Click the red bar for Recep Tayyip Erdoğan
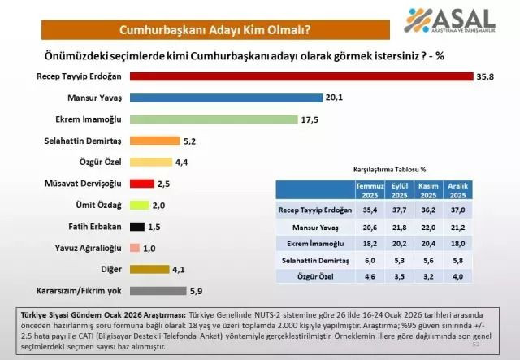pos(301,76)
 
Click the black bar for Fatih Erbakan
pos(137,226)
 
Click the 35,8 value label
pos(485,76)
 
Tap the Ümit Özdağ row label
pos(98,205)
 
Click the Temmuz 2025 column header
pos(370,190)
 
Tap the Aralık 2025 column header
pos(457,190)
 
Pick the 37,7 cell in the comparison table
pos(399,210)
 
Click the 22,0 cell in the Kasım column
pos(427,227)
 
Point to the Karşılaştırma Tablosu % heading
pos(389,170)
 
